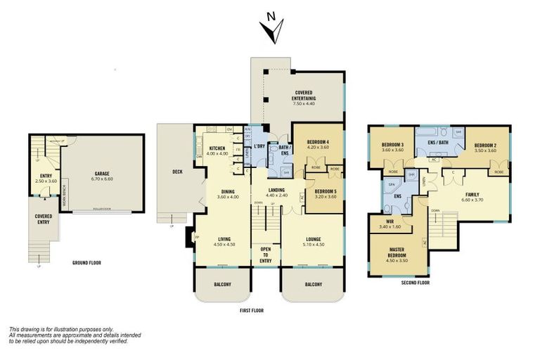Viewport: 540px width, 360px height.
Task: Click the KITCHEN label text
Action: click(217, 149)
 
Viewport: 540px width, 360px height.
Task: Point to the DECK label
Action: click(177, 172)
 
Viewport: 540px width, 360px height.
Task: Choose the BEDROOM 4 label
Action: click(318, 143)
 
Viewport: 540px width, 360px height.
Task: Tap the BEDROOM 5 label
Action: click(324, 191)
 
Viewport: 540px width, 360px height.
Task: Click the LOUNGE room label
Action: click(313, 238)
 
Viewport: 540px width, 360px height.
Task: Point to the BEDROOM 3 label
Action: click(392, 146)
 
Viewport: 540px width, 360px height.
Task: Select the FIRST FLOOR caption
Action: click(252, 309)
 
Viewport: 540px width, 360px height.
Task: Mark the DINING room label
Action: click(227, 192)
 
